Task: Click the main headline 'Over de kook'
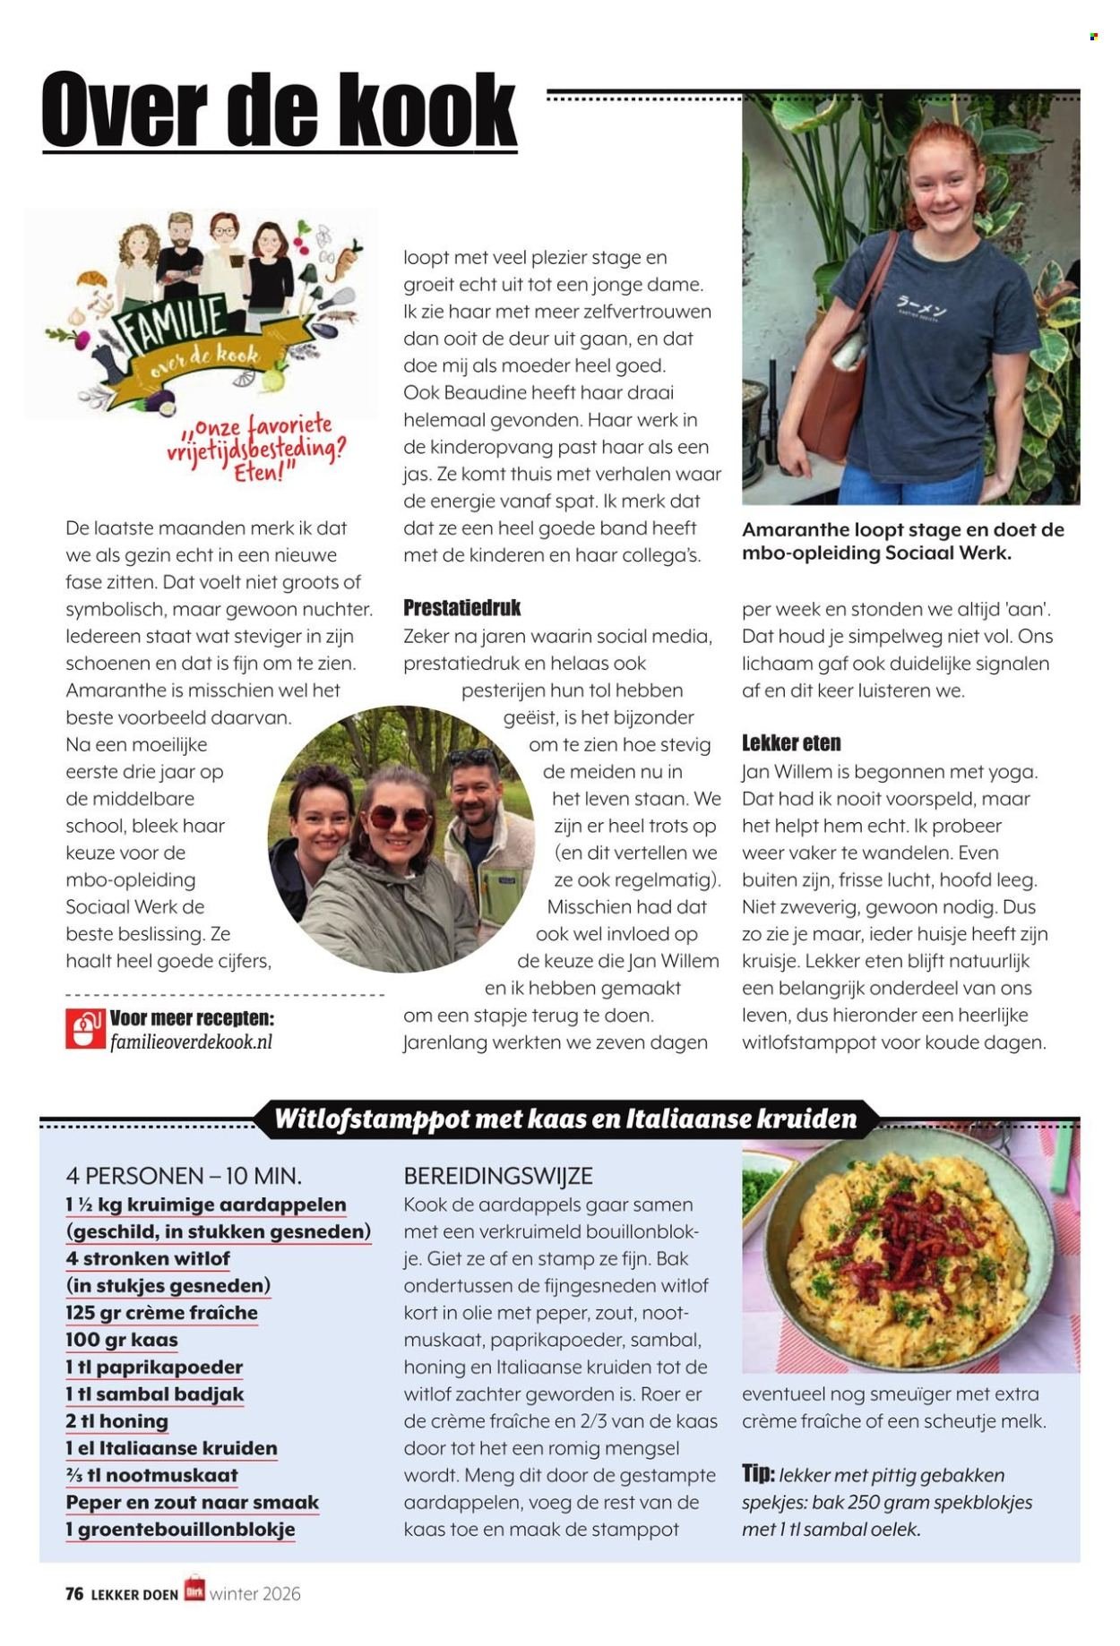tap(280, 111)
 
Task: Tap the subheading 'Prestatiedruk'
tap(461, 608)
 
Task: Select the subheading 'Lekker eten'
tap(790, 743)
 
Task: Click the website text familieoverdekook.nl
tap(191, 1042)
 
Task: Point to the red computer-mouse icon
tap(85, 1029)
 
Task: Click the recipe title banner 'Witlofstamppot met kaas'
tap(564, 1119)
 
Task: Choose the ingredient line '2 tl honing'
tap(116, 1421)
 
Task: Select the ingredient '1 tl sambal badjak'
tap(154, 1394)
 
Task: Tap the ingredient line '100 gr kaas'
tap(122, 1341)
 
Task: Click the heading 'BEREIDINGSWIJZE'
tap(498, 1176)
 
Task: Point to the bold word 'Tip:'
tap(758, 1474)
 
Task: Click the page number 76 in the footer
tap(74, 1593)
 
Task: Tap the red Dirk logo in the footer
tap(194, 1590)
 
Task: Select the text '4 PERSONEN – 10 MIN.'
tap(184, 1176)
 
